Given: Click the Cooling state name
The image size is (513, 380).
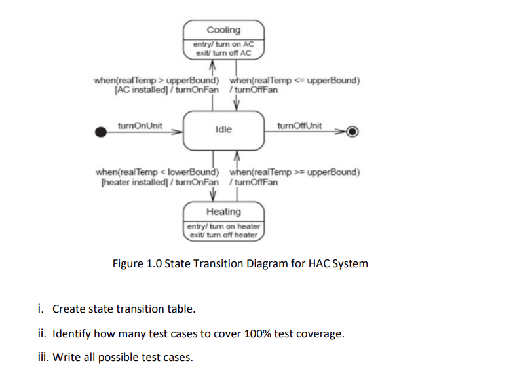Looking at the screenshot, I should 223,30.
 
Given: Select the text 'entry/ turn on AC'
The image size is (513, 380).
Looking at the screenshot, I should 223,44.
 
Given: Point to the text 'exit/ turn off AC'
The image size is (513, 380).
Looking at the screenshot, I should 223,52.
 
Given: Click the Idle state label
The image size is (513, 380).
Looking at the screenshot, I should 223,130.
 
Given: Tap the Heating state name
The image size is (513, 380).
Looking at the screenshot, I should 223,212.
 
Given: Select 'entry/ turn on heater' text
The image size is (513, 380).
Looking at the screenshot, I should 223,226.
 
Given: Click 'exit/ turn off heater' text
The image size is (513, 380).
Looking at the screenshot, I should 223,234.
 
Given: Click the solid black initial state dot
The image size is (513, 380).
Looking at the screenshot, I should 101,132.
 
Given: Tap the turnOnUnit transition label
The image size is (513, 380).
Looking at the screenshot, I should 140,125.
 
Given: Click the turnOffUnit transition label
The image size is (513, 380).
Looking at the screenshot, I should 299,125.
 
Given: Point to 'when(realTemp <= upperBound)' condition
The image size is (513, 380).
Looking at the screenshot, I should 294,81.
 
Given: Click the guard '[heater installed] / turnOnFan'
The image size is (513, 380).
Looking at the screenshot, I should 158,181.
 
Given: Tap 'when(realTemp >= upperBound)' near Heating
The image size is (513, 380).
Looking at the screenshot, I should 294,172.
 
